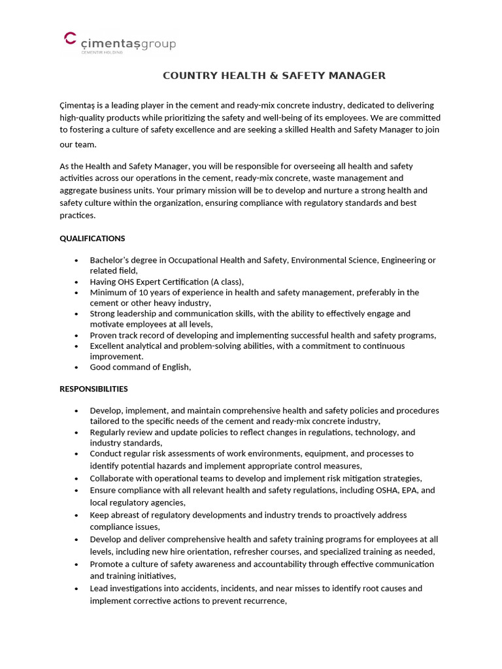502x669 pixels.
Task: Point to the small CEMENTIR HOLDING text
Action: pyautogui.click(x=98, y=53)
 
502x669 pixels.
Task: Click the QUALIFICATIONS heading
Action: pyautogui.click(x=92, y=238)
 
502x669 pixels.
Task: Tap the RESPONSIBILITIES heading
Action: pyautogui.click(x=93, y=389)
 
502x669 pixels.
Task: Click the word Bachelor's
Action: pyautogui.click(x=111, y=260)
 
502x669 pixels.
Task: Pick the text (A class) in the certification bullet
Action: pyautogui.click(x=226, y=282)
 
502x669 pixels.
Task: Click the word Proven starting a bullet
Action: pyautogui.click(x=105, y=335)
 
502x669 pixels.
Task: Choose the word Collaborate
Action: pyautogui.click(x=113, y=478)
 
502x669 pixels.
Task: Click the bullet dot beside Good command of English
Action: pyautogui.click(x=78, y=368)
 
